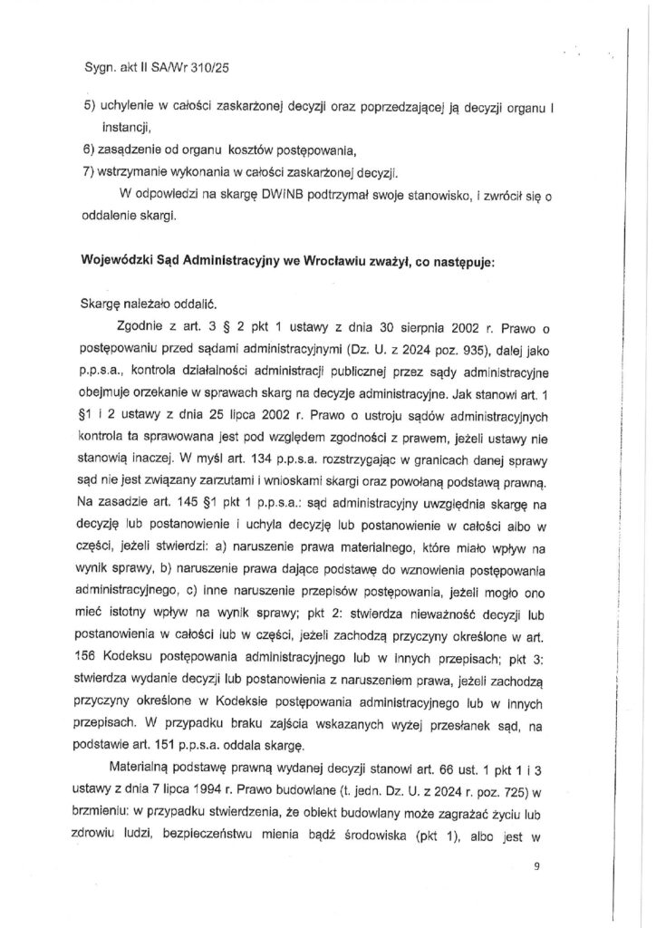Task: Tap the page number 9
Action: click(536, 866)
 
